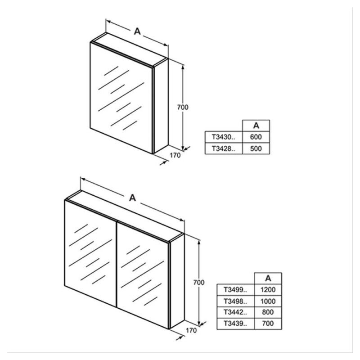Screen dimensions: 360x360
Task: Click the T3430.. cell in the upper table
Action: click(223, 137)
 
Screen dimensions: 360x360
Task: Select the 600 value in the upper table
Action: click(256, 137)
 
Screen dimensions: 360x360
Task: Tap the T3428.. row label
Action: click(223, 148)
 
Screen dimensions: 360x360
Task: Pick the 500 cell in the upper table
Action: click(256, 148)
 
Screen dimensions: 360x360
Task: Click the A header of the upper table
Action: click(256, 126)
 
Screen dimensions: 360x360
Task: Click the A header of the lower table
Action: click(268, 278)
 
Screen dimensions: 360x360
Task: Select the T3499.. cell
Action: click(235, 290)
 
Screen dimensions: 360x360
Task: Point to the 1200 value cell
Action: click(268, 290)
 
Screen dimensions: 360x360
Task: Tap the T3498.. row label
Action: click(235, 301)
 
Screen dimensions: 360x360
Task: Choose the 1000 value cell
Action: click(268, 301)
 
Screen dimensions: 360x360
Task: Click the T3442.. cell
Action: click(235, 312)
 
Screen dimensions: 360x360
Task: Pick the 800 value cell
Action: click(268, 312)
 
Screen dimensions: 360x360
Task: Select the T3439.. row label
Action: click(235, 324)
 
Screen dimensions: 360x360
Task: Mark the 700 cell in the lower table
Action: click(268, 324)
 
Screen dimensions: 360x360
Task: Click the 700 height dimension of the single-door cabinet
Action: click(183, 107)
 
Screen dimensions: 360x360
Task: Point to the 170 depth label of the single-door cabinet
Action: click(175, 155)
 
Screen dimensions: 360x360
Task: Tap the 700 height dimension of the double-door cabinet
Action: click(199, 283)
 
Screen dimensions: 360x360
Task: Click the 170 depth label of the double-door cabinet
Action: click(191, 330)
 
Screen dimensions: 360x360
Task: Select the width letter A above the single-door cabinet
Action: click(137, 31)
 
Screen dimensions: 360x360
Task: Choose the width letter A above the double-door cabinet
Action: click(132, 198)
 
